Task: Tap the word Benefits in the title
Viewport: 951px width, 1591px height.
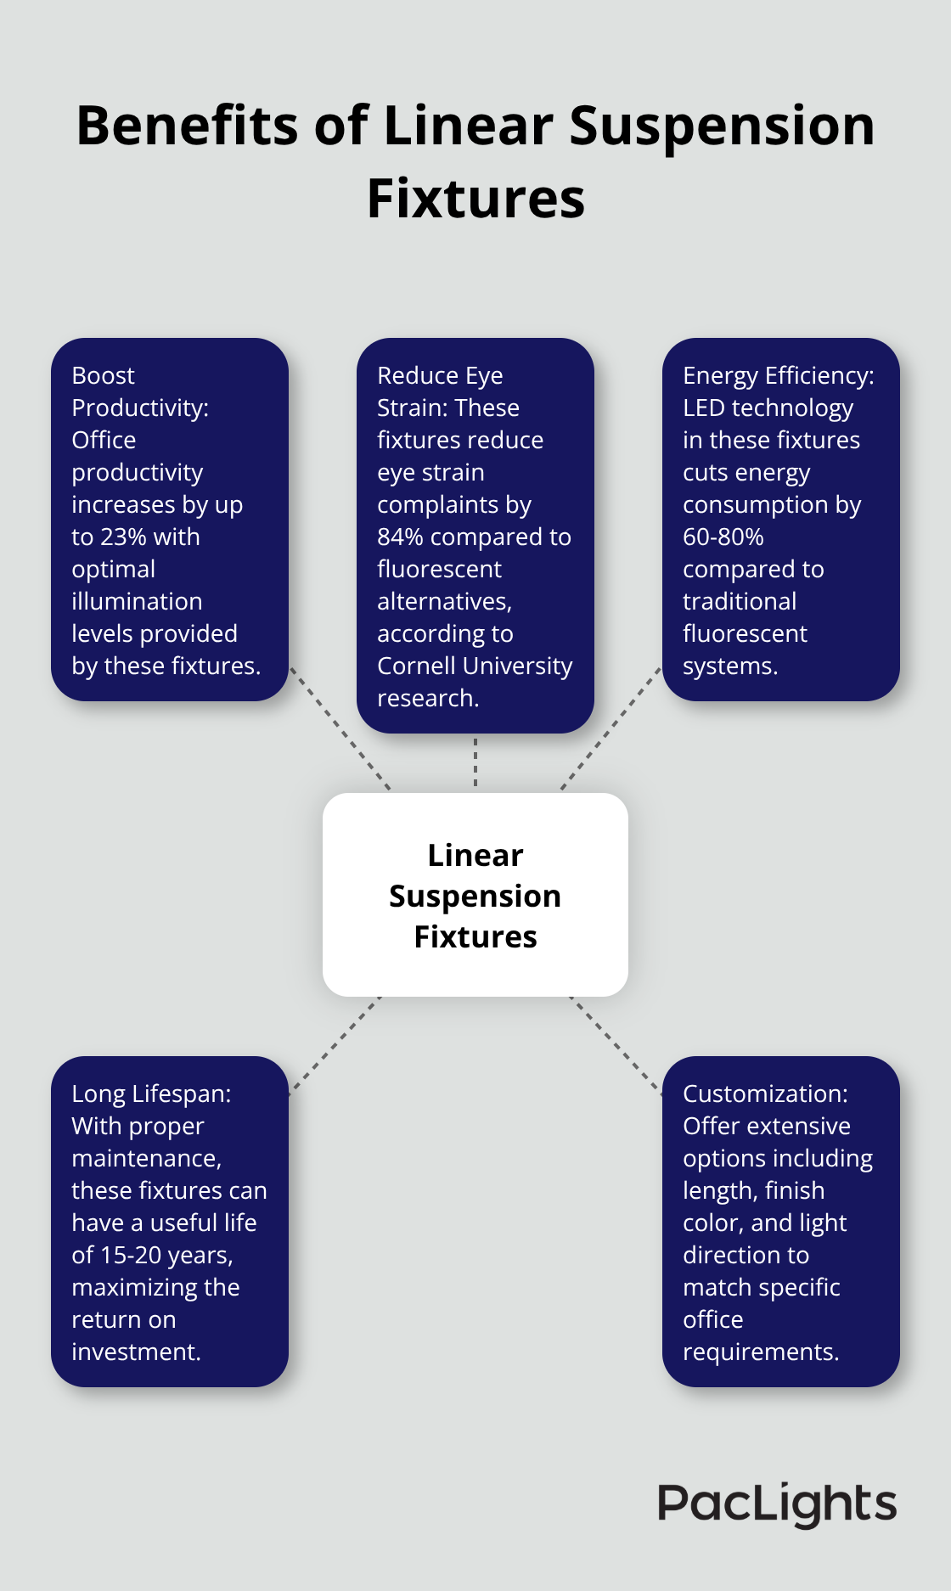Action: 187,126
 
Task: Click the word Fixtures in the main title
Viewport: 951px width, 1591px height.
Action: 475,200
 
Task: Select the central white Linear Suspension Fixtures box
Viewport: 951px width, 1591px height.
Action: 475,895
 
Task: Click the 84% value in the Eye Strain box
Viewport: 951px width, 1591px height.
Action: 401,537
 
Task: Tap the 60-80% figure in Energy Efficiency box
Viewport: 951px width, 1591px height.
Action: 723,537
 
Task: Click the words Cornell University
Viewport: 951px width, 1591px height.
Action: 475,666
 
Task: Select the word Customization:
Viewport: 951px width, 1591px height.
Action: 765,1094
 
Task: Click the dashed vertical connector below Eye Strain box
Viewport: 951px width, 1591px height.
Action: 475,762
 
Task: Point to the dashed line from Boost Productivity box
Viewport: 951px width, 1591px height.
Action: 340,729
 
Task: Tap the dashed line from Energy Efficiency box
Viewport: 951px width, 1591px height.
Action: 611,728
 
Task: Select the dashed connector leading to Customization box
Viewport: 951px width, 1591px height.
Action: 616,1044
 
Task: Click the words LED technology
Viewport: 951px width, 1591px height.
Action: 768,408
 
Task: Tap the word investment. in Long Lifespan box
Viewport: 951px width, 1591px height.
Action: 136,1352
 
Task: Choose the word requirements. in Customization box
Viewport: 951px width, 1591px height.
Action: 761,1352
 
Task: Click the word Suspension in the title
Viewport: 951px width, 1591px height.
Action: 722,126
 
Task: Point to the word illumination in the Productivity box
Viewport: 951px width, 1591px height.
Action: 137,602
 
